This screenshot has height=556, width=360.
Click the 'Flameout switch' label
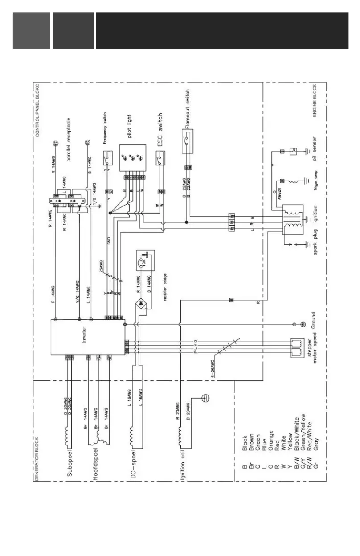point(188,109)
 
